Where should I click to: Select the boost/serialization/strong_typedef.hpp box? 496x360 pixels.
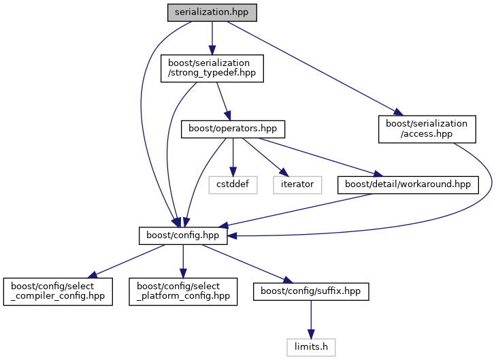coord(212,69)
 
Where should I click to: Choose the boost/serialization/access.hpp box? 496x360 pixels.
coord(427,129)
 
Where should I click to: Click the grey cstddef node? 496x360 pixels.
coord(233,184)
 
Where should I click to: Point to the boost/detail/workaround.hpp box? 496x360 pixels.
coord(408,184)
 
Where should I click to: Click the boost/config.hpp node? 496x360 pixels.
coord(182,235)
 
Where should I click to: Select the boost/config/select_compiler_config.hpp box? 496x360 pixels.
coord(57,291)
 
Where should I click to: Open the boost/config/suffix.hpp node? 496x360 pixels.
coord(311,291)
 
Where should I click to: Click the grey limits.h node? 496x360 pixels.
coord(311,346)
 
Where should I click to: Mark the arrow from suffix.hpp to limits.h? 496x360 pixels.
coord(311,318)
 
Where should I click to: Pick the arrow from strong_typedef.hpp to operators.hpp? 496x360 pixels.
coord(222,99)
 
